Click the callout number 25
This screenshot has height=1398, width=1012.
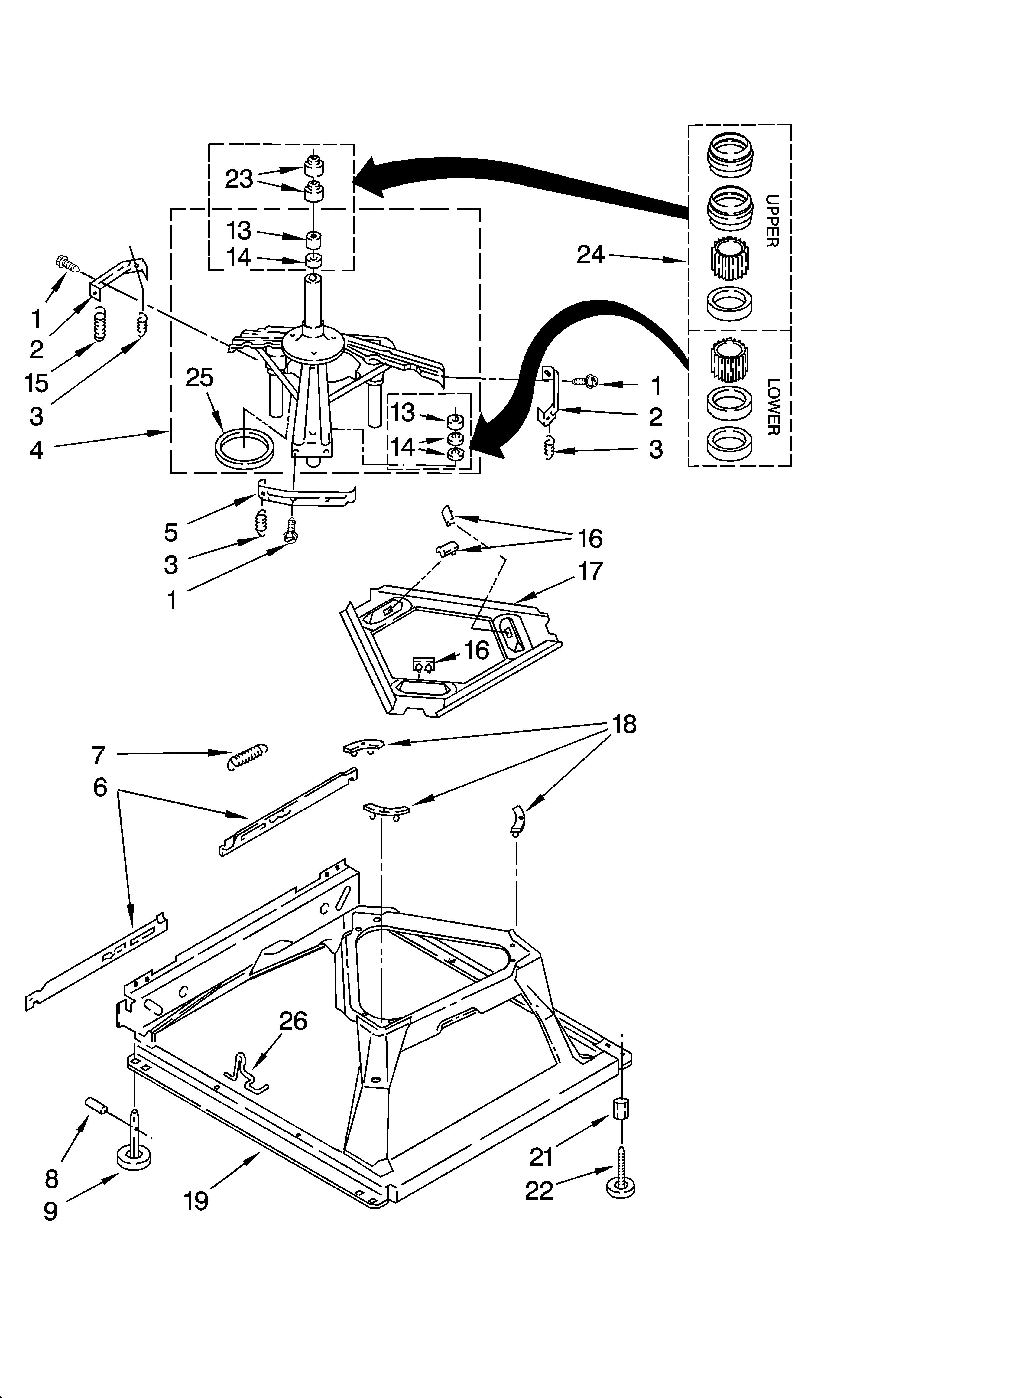(200, 378)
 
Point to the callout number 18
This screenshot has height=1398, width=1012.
(624, 724)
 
